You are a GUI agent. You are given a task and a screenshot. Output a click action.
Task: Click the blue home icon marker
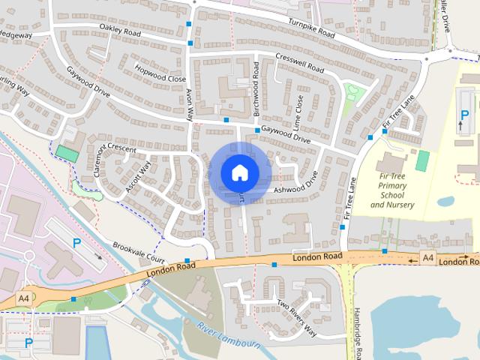[240, 172]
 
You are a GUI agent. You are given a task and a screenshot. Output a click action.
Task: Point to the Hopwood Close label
[160, 73]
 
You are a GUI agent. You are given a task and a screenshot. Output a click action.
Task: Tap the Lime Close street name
[299, 110]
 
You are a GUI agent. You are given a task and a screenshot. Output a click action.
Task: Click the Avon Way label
[190, 104]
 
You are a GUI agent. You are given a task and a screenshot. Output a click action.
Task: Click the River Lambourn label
[229, 335]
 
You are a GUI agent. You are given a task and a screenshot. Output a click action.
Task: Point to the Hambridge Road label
[358, 331]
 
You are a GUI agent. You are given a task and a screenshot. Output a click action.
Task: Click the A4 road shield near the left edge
[24, 298]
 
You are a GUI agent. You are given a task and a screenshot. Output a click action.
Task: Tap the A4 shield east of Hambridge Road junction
[427, 258]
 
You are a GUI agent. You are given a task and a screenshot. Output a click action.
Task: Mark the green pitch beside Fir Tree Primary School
[423, 160]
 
